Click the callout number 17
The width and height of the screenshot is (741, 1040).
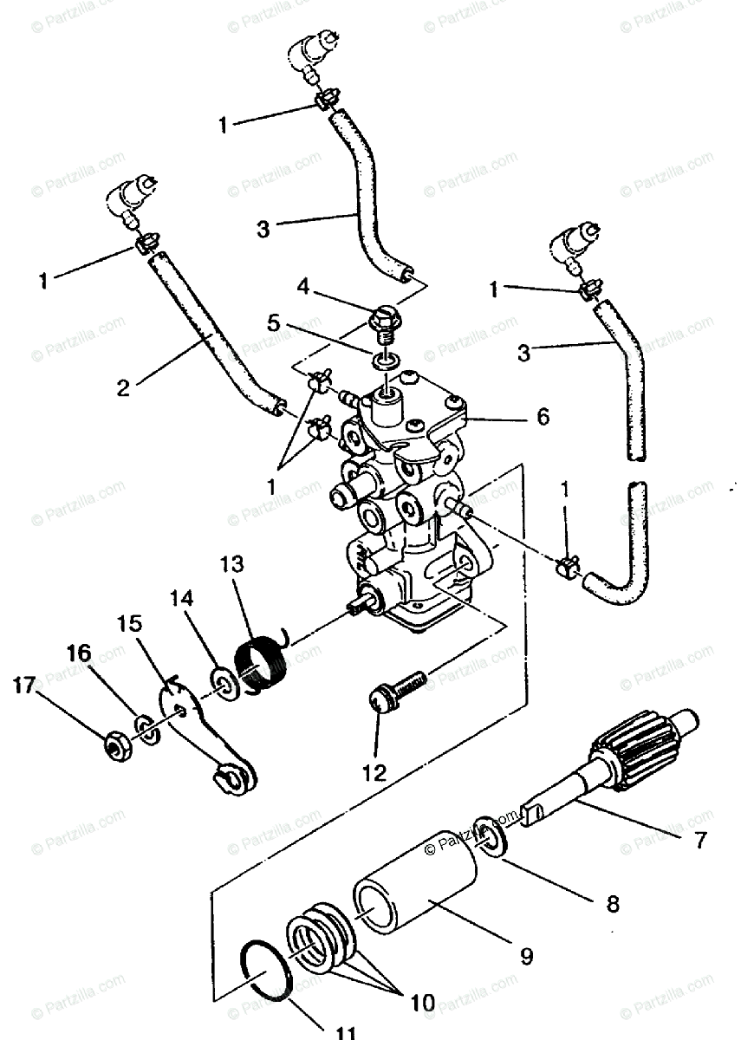[24, 686]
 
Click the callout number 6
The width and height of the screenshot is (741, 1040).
[543, 417]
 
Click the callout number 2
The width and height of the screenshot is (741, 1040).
[123, 387]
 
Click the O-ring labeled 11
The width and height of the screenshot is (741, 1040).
[266, 971]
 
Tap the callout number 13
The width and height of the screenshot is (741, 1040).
[232, 564]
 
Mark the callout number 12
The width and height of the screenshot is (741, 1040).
[375, 770]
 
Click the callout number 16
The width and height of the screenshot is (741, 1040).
[79, 653]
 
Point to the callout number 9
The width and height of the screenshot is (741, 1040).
[525, 957]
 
